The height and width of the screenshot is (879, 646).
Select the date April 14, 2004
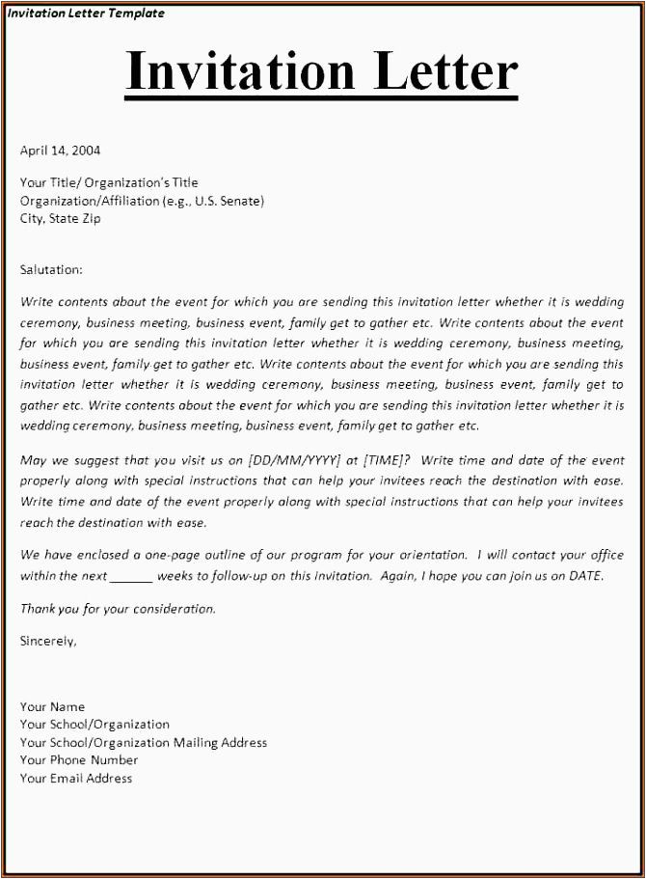point(60,151)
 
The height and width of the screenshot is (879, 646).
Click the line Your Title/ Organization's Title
point(109,182)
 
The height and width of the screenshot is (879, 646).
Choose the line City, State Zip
point(60,218)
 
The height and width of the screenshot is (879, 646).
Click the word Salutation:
point(51,269)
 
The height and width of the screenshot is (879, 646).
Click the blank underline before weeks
point(131,576)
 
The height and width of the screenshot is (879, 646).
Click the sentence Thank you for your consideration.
point(118,609)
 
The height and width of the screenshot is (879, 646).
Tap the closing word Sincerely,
point(48,640)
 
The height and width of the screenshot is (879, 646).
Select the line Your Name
point(52,706)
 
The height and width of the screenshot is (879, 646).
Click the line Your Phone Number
point(79,760)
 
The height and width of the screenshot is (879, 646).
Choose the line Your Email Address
point(76,778)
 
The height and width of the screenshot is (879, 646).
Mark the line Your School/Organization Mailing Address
point(144,743)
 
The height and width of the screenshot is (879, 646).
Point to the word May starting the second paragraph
point(34,460)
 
